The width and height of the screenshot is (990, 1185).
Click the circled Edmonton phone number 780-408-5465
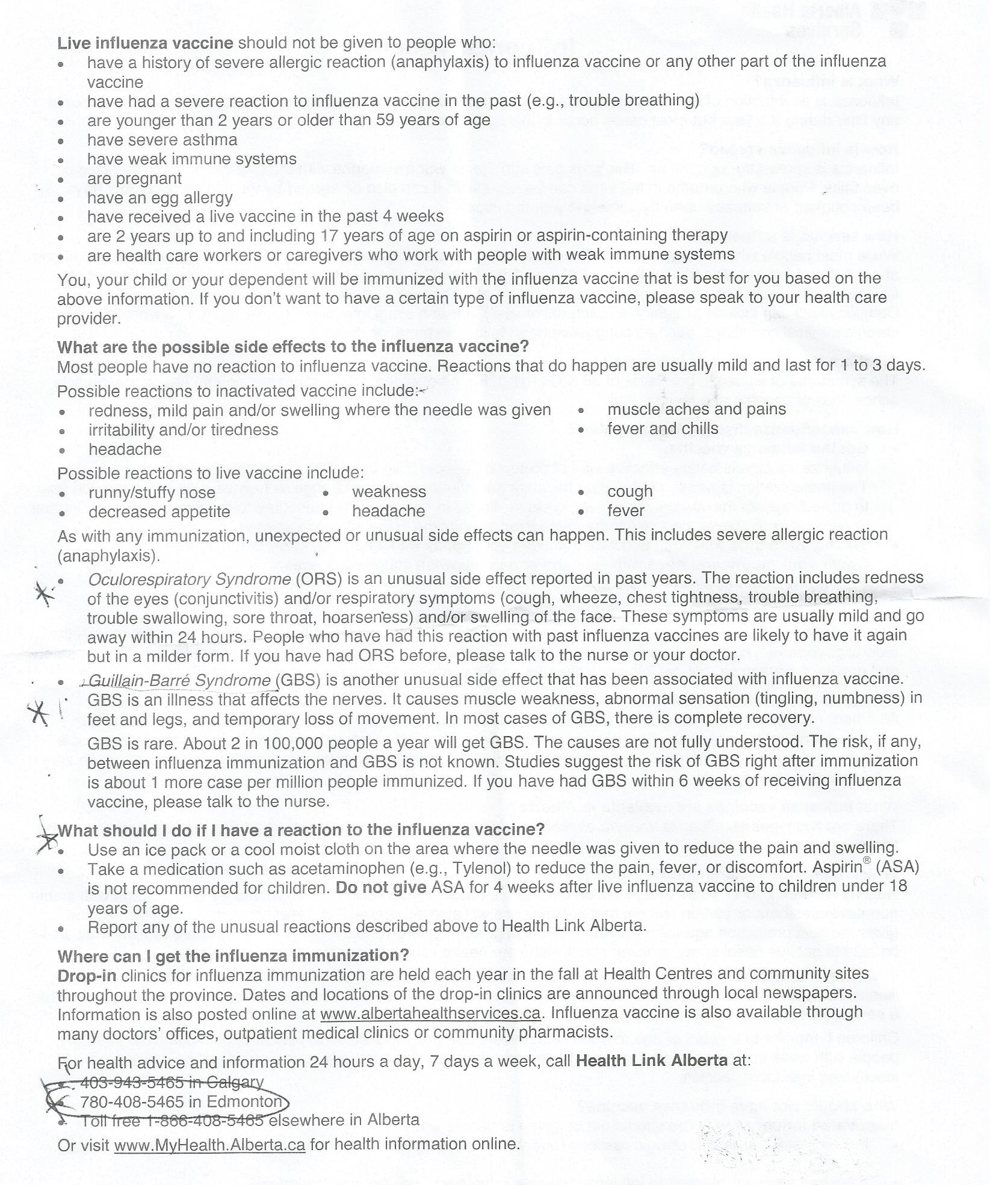[181, 1102]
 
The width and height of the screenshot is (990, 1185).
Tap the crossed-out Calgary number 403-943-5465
[172, 1082]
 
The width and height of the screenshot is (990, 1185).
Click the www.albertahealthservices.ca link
[430, 1013]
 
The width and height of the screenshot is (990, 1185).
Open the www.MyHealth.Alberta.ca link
[209, 1144]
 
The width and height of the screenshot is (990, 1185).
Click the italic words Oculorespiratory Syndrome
[190, 579]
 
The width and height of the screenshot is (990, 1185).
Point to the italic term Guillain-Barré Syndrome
[179, 680]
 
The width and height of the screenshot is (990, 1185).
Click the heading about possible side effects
[292, 347]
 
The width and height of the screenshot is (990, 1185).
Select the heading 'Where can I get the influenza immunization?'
[233, 956]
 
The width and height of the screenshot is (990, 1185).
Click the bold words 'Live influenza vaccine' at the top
[145, 43]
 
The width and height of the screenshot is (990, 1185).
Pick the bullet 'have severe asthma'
[162, 140]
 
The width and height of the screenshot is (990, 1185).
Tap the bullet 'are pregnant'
[134, 179]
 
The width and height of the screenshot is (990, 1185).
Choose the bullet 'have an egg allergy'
[159, 198]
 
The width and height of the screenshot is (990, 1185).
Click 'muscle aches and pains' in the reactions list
[696, 409]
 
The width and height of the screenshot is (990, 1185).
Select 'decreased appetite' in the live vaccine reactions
[159, 512]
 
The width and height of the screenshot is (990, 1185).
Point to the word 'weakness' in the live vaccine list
[389, 492]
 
